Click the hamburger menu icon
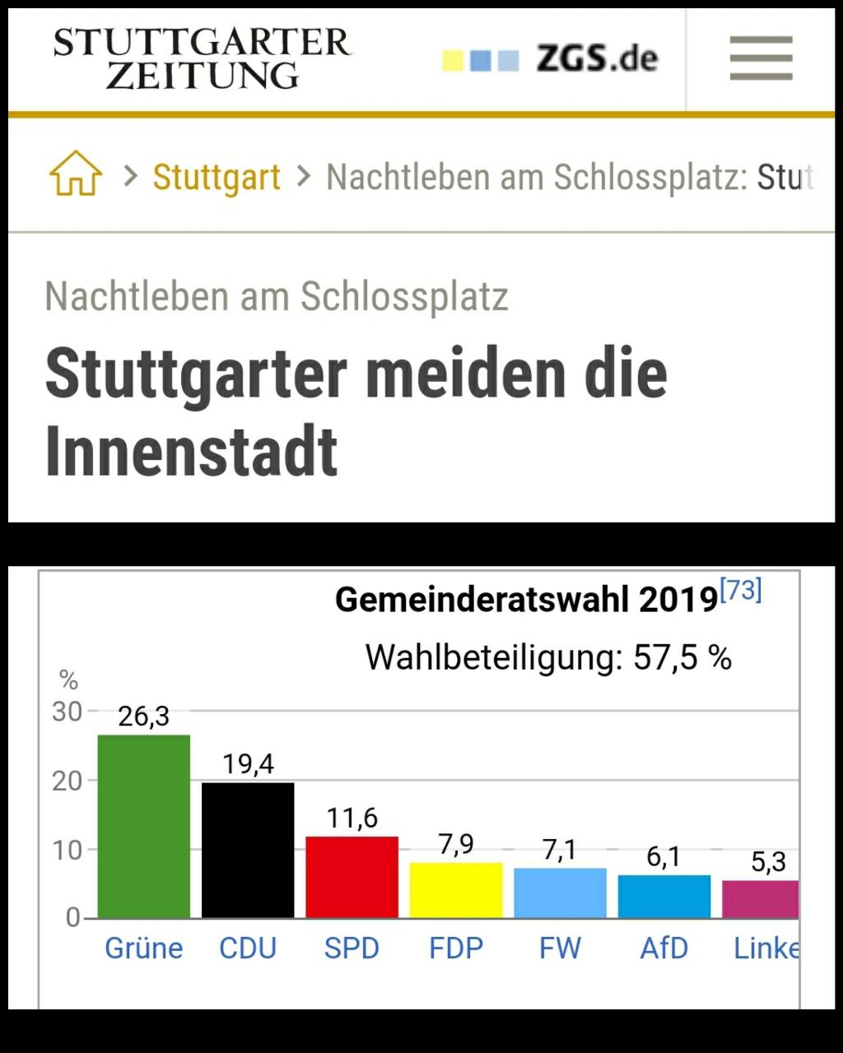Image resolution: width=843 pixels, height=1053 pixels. pyautogui.click(x=761, y=58)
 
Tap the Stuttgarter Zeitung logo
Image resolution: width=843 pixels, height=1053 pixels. pyautogui.click(x=202, y=58)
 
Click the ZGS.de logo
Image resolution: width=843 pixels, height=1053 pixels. pyautogui.click(x=550, y=58)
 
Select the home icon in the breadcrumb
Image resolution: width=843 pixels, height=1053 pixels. pyautogui.click(x=76, y=174)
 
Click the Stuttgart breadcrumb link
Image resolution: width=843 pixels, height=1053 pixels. pyautogui.click(x=217, y=177)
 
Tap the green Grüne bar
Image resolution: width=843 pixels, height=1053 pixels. pyautogui.click(x=144, y=826)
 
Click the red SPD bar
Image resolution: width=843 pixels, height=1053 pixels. pyautogui.click(x=352, y=877)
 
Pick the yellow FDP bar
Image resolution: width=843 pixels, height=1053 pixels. pyautogui.click(x=456, y=890)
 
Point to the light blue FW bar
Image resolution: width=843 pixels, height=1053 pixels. pyautogui.click(x=560, y=893)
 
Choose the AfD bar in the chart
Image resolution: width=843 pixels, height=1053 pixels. pyautogui.click(x=664, y=896)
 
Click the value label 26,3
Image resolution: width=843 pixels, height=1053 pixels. pyautogui.click(x=144, y=717)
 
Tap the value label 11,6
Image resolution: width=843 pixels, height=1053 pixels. pyautogui.click(x=352, y=819)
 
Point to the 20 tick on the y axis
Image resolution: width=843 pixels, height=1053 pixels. pyautogui.click(x=68, y=781)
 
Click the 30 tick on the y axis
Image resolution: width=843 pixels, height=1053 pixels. pyautogui.click(x=68, y=712)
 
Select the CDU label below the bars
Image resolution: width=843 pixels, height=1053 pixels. pyautogui.click(x=248, y=949)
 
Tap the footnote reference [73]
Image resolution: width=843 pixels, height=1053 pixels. pyautogui.click(x=741, y=590)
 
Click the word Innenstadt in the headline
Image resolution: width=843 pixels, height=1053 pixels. pyautogui.click(x=192, y=451)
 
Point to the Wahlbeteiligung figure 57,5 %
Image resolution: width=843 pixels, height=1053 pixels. pyautogui.click(x=682, y=658)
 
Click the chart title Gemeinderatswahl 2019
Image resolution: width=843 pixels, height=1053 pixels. pyautogui.click(x=526, y=600)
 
